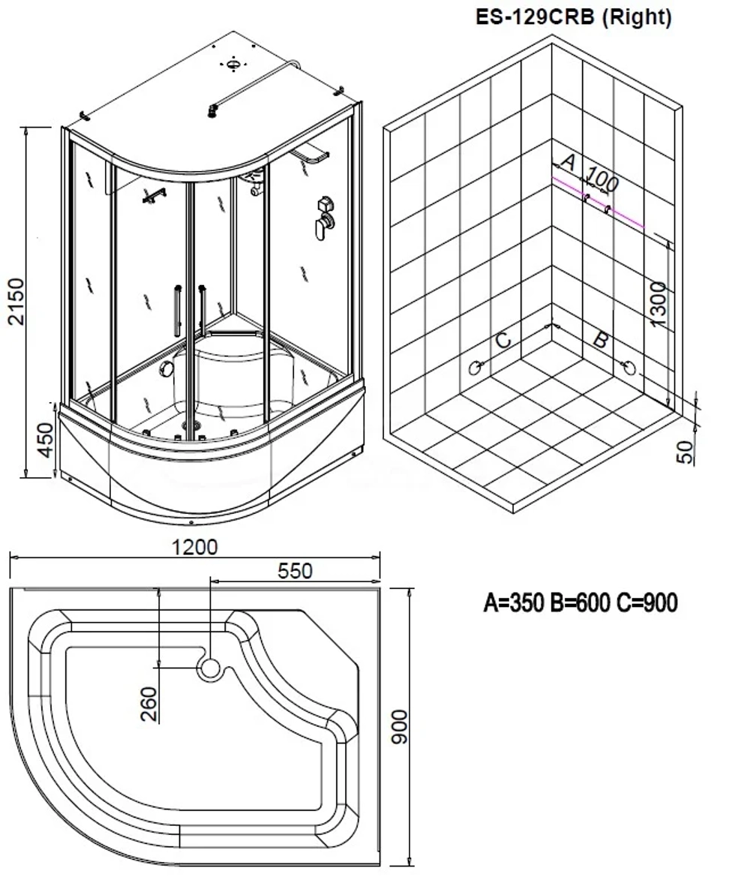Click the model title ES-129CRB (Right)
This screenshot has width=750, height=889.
[574, 17]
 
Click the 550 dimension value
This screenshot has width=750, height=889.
[295, 571]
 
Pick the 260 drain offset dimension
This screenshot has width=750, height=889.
[149, 704]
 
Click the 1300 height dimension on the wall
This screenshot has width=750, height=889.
[658, 304]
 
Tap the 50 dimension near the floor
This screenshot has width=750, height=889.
[685, 451]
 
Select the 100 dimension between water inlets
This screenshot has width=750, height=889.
[602, 179]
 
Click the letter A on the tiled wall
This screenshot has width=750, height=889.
[568, 161]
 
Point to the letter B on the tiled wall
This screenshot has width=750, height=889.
[599, 339]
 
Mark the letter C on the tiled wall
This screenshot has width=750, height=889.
[503, 339]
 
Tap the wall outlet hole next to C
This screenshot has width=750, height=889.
[475, 367]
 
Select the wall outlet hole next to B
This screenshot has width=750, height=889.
[630, 367]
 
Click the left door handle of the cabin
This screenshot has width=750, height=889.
[177, 308]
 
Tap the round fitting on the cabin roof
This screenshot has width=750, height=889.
[234, 64]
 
